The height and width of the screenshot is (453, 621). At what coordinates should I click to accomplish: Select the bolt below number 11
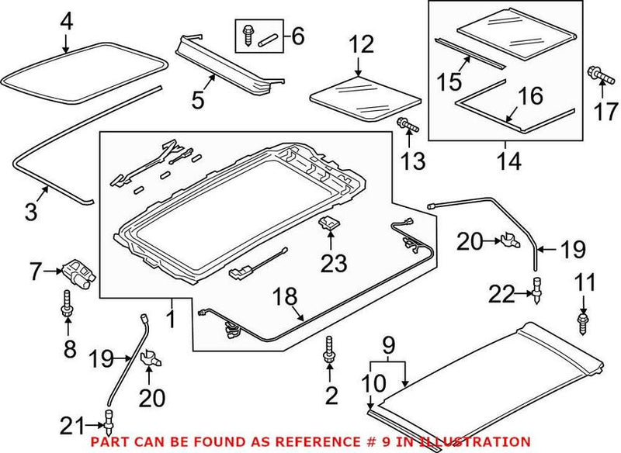584,323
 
